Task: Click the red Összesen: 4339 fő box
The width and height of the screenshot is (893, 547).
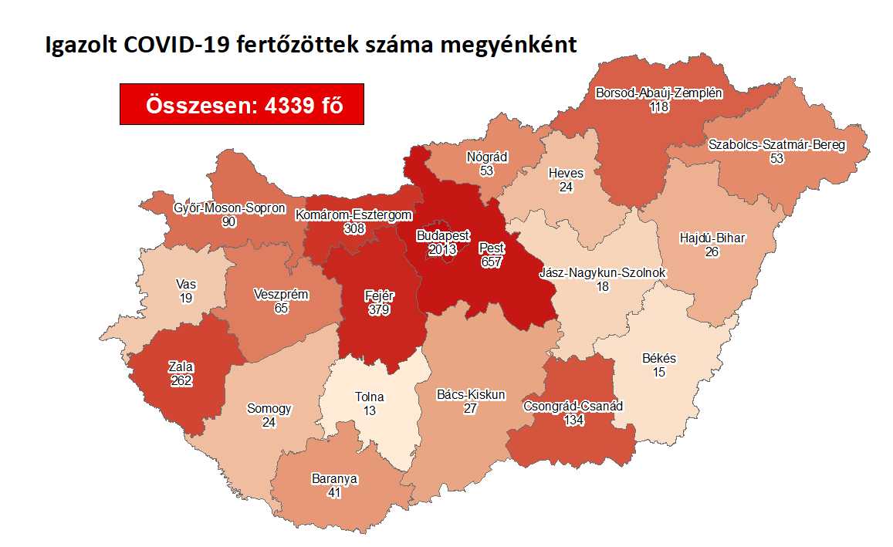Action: pos(242,103)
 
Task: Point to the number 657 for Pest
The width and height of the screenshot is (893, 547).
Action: pos(491,262)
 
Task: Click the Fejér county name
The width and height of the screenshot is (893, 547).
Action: pos(378,296)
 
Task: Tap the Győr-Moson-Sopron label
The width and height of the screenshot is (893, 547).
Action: pos(229,208)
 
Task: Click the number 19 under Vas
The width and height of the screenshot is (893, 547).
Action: pos(184,298)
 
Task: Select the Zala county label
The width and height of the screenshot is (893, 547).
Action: pos(181,366)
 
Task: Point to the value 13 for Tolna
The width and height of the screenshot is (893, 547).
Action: pos(369,411)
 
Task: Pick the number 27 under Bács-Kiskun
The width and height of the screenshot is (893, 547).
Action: pos(471,408)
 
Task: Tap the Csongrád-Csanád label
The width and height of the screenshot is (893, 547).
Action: pos(573,406)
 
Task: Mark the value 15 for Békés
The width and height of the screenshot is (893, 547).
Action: pos(658,372)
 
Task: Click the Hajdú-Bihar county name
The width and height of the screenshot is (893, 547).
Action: pos(712,238)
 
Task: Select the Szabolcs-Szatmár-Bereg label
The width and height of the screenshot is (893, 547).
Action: pos(776,144)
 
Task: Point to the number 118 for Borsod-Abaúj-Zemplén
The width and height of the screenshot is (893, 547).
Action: pos(658,106)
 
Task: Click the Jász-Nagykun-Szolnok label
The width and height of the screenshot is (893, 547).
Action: pos(602,273)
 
